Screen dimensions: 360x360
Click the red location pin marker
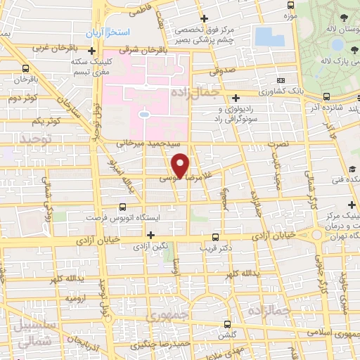pos(181,165)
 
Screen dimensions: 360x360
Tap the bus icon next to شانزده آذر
pos(326,97)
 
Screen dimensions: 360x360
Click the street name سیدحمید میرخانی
pos(139,142)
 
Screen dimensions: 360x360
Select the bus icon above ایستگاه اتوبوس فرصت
pos(123,207)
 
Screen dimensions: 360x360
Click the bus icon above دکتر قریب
pos(215,236)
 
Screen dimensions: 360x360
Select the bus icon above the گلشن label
pos(226,324)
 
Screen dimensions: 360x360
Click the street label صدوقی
pos(223,70)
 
